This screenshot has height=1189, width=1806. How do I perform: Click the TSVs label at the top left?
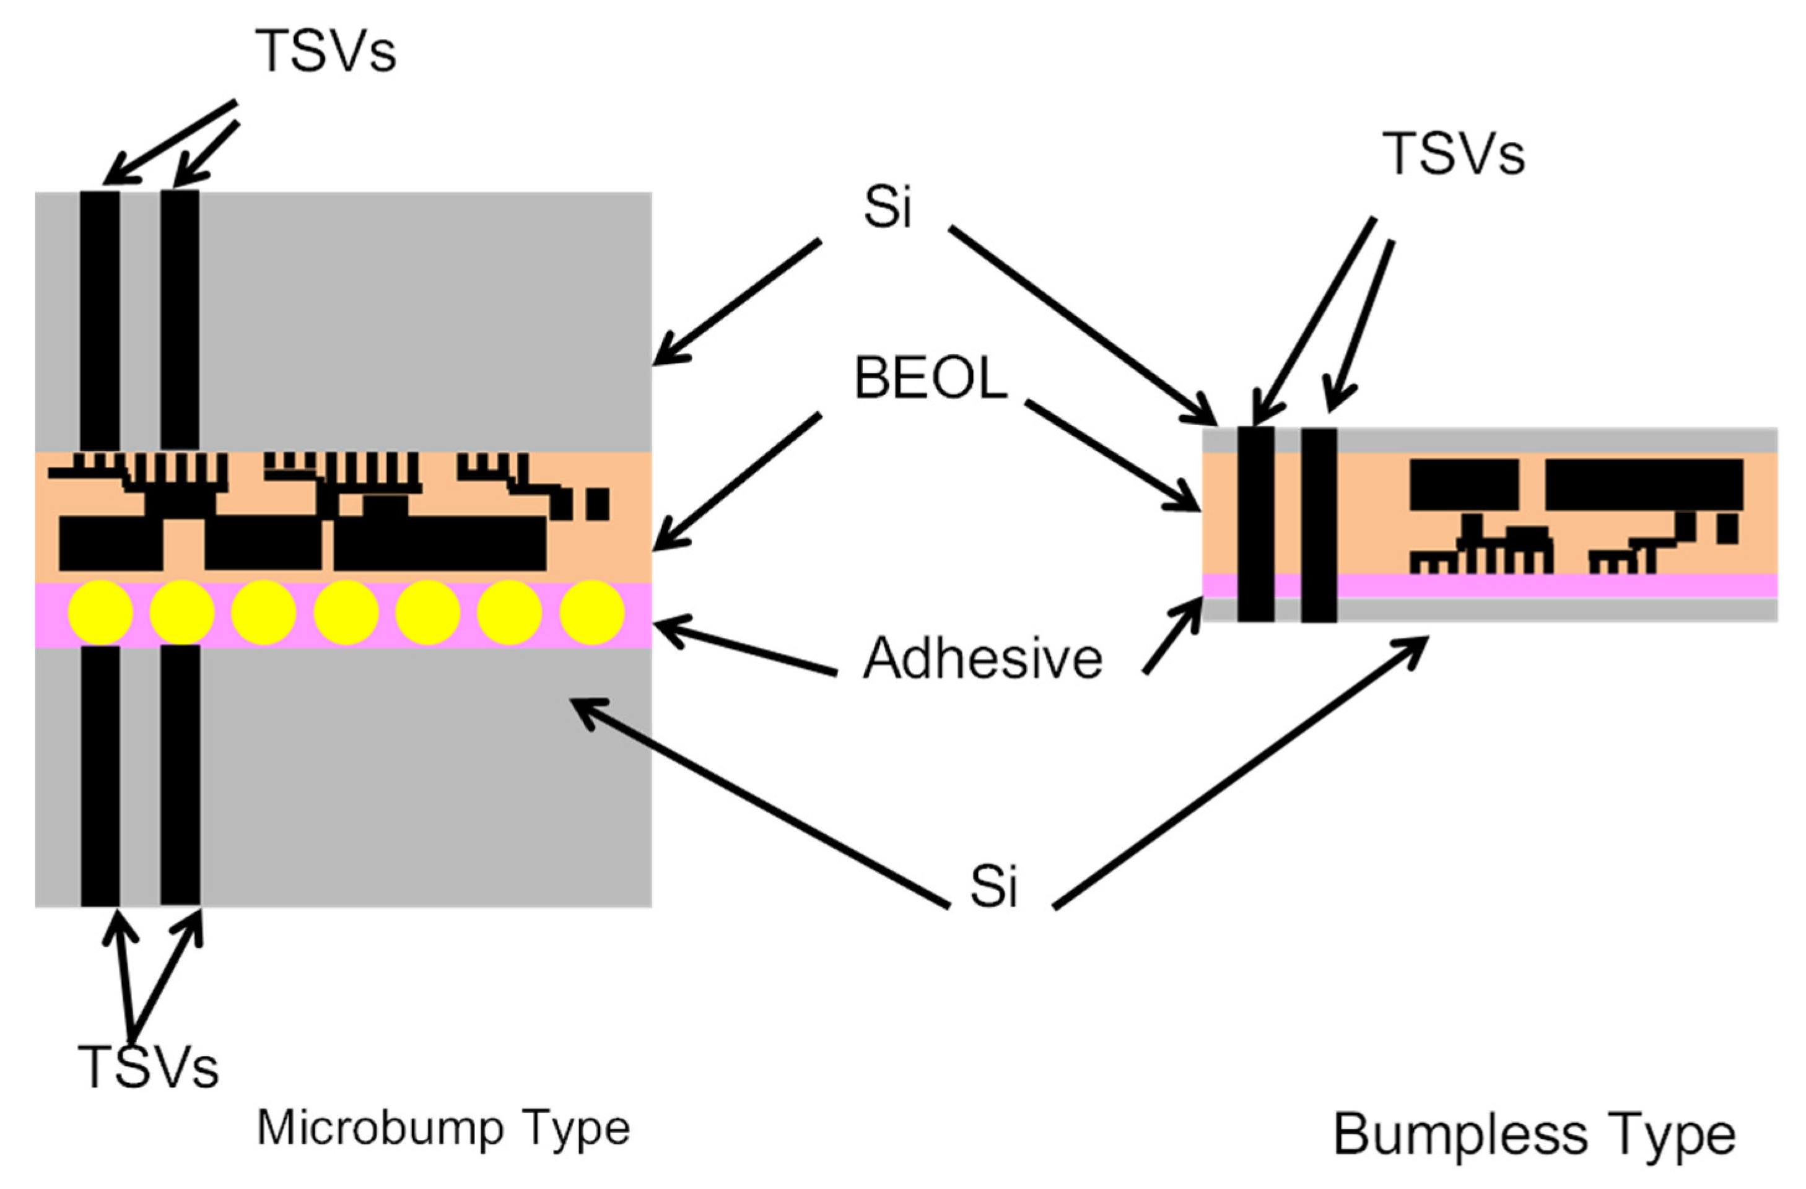[325, 51]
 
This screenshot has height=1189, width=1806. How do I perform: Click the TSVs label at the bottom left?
[149, 1066]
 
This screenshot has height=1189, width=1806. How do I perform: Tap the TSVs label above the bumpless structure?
[1452, 154]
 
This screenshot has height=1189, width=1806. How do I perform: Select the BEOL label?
[930, 378]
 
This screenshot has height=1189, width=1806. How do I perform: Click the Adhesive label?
[983, 658]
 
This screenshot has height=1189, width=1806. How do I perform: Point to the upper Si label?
[888, 206]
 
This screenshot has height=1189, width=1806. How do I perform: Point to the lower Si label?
[993, 886]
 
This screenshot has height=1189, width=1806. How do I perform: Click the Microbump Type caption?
[444, 1128]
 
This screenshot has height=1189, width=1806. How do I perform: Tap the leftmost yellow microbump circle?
[100, 612]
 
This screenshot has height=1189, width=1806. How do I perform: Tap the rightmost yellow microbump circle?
[592, 612]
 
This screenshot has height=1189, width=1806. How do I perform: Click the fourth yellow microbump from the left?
[346, 612]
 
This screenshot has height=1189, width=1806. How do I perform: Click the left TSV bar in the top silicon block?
[100, 319]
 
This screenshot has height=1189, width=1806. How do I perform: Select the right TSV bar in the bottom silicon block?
[181, 774]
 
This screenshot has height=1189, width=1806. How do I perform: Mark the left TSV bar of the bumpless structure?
[1256, 523]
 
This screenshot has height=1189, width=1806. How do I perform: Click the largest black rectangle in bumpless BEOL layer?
[1644, 484]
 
